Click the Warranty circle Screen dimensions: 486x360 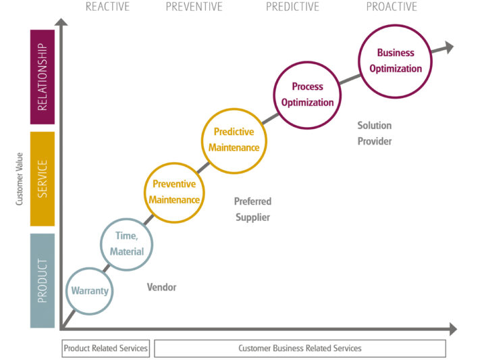click(90, 291)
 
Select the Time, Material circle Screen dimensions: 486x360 click(126, 245)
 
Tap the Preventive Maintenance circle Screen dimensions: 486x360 click(175, 192)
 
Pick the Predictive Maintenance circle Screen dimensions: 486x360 click(234, 140)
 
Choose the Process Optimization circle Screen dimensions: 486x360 click(308, 95)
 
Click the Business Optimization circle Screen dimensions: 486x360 click(395, 61)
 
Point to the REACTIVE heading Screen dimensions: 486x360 click(107, 7)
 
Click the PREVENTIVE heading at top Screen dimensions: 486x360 click(194, 7)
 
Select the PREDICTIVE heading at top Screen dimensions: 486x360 click(292, 7)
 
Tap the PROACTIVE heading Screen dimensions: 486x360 click(391, 7)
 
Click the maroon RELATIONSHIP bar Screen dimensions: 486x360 click(43, 77)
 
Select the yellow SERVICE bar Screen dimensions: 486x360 click(43, 179)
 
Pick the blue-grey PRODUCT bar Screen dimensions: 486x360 click(43, 280)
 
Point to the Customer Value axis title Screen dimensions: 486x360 click(19, 179)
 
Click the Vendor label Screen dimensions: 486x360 click(161, 287)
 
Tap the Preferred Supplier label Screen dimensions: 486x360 click(252, 209)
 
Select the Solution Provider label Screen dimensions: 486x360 click(375, 133)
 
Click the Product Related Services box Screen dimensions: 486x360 click(106, 349)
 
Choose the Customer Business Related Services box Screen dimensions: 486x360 click(300, 349)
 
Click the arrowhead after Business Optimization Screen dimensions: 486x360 click(448, 47)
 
